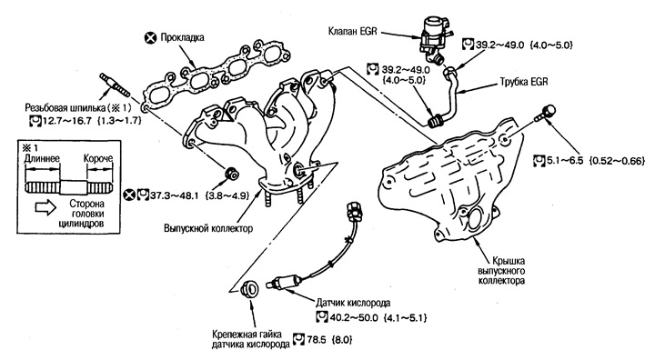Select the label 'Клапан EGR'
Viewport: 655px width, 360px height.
[353, 31]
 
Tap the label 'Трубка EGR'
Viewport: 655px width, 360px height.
[523, 82]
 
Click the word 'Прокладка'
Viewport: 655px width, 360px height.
[182, 37]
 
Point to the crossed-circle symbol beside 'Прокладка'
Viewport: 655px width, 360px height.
[150, 38]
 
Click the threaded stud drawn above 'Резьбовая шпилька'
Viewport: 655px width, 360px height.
[114, 85]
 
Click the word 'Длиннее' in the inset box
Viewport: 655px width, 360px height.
[42, 159]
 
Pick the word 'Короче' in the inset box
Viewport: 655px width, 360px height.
[98, 159]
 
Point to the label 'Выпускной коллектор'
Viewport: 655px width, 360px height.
[208, 228]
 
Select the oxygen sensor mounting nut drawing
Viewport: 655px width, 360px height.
[250, 288]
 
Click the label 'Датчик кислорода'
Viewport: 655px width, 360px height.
[353, 303]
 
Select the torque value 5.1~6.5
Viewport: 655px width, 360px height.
[564, 160]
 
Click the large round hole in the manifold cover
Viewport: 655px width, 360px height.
[477, 220]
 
